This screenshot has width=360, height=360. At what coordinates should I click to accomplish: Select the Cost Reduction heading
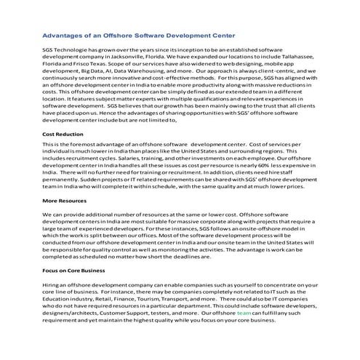pos(63,135)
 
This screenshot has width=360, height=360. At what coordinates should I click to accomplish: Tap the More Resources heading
pos(65,200)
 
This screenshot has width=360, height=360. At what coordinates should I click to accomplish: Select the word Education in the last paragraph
pos(60,300)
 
